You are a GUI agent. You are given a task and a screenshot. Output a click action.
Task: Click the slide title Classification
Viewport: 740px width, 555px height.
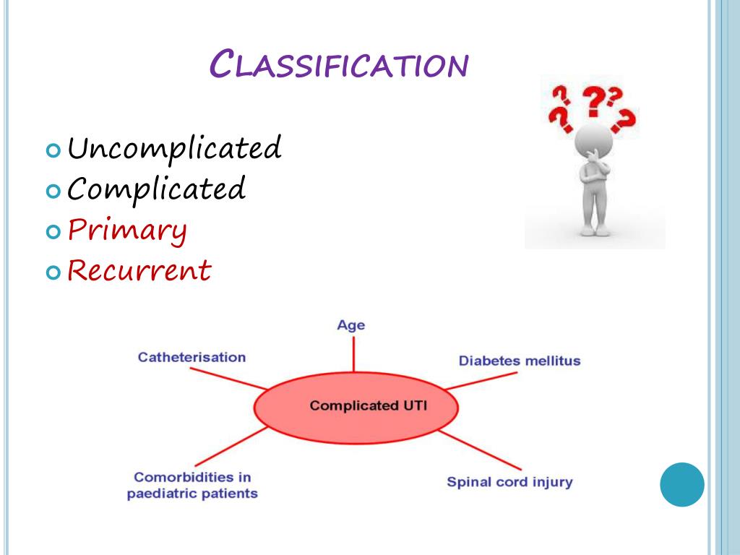click(338, 65)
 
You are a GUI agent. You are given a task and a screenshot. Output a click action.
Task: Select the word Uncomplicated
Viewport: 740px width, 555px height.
click(173, 150)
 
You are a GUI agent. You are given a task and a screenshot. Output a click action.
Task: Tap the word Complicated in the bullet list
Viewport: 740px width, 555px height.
click(157, 190)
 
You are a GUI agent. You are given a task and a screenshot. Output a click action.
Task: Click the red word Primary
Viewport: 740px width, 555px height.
click(127, 231)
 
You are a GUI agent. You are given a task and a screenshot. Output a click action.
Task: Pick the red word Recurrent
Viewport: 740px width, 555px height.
click(139, 271)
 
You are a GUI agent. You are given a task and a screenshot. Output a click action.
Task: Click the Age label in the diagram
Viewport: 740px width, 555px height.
click(351, 325)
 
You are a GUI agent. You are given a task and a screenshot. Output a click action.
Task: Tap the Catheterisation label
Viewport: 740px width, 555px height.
click(192, 357)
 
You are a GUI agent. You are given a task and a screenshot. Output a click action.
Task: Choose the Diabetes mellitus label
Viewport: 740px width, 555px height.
click(520, 361)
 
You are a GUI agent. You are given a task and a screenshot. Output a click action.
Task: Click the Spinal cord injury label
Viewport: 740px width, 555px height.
click(509, 481)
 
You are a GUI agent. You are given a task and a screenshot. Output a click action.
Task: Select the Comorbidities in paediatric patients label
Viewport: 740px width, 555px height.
click(192, 486)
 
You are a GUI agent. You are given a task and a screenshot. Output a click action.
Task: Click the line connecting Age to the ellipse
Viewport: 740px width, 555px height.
click(353, 354)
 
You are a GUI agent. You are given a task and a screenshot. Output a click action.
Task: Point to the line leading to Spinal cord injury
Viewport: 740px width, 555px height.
click(481, 450)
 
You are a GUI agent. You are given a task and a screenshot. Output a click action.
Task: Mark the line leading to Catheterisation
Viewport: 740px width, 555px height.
click(228, 378)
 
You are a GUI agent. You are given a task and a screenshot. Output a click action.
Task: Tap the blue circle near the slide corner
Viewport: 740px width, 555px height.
click(681, 484)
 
